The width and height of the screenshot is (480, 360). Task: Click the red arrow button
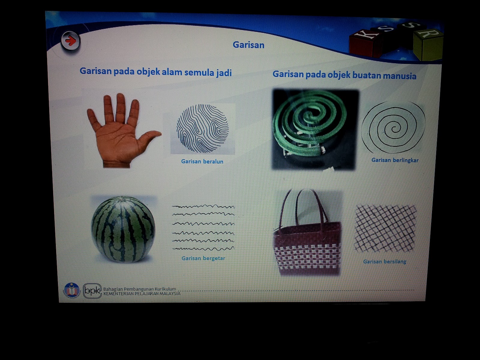click(70, 41)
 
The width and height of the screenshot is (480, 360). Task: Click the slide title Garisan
click(248, 45)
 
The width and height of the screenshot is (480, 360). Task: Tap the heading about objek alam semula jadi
click(155, 72)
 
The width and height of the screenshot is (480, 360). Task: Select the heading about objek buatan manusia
click(344, 75)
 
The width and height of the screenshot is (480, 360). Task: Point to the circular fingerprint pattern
click(202, 128)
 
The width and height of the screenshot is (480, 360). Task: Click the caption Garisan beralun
click(202, 161)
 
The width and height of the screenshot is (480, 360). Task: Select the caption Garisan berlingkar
click(395, 160)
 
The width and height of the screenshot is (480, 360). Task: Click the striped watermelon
click(123, 229)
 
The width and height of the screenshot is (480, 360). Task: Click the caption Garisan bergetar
click(203, 258)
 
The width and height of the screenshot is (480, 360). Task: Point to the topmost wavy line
click(203, 206)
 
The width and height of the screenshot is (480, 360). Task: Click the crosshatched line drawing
click(385, 228)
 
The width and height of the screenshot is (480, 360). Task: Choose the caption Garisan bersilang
click(385, 262)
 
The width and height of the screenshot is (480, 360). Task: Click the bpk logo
click(92, 291)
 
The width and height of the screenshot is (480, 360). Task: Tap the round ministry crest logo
click(71, 290)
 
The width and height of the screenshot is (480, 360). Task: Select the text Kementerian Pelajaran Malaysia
click(142, 294)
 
